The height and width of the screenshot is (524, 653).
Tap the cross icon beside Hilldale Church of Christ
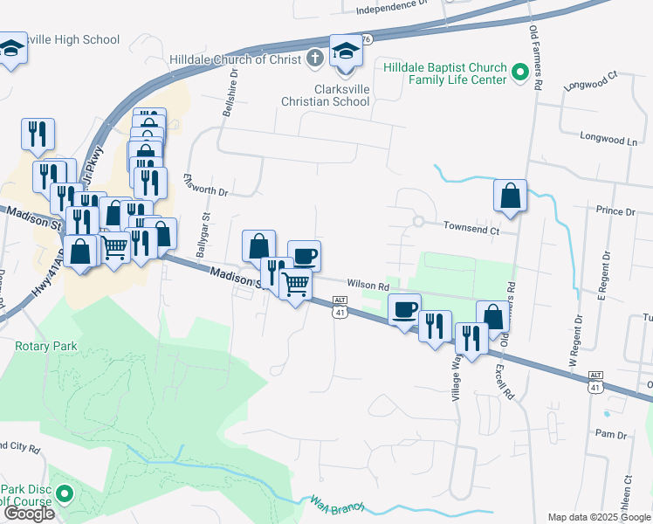tap(315, 59)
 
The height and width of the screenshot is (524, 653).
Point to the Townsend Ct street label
tap(471, 231)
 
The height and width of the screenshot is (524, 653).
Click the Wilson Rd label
tap(367, 284)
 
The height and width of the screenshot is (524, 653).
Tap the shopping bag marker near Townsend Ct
tap(510, 196)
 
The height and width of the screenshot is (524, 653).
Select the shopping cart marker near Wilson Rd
tap(296, 282)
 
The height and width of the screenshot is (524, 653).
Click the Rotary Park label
tap(46, 346)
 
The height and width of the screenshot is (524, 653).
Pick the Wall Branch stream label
tap(336, 504)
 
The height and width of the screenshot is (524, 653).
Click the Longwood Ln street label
tap(608, 139)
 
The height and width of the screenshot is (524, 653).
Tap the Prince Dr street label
tap(616, 212)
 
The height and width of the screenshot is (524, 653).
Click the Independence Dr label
tap(391, 7)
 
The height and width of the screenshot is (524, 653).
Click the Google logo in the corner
tap(29, 514)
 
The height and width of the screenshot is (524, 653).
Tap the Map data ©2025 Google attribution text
tap(598, 517)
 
